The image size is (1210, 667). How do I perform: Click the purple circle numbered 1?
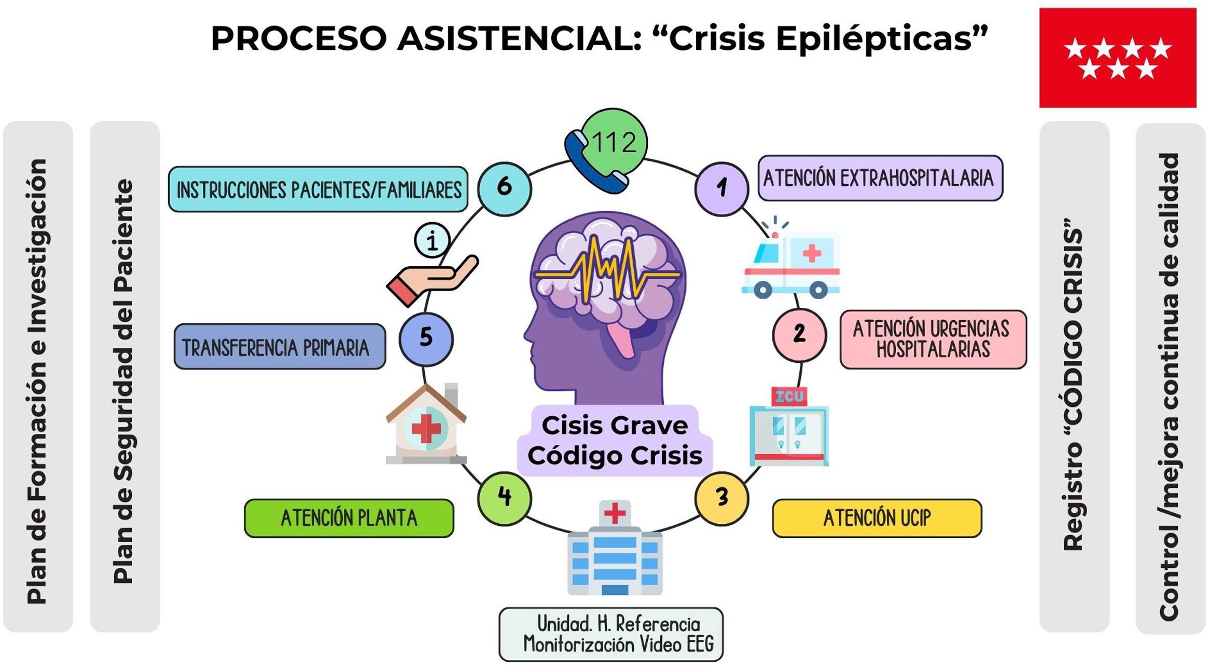[x=721, y=188]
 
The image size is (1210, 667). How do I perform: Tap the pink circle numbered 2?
[x=799, y=335]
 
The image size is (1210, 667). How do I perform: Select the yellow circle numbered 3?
[x=721, y=498]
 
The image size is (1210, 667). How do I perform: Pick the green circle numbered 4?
[x=504, y=498]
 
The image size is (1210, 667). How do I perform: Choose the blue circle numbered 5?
[x=426, y=339]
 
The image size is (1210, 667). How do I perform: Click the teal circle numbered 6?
[x=504, y=188]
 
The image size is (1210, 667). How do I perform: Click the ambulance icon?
[x=790, y=258]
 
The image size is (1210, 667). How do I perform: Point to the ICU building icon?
[x=789, y=426]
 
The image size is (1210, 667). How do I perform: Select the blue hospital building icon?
[x=615, y=548]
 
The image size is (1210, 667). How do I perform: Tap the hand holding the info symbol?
[x=432, y=265]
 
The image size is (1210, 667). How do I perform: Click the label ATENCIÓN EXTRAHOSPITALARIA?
[x=880, y=178]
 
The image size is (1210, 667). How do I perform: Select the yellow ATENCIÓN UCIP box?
[x=877, y=518]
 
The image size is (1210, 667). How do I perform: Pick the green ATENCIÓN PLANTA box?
[x=349, y=518]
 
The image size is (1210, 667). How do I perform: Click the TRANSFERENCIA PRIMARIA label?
[x=280, y=347]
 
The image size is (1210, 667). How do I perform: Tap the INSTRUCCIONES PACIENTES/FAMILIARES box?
[x=318, y=189]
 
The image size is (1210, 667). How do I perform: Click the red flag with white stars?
[x=1118, y=58]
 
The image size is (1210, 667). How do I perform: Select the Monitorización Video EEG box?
[x=611, y=634]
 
